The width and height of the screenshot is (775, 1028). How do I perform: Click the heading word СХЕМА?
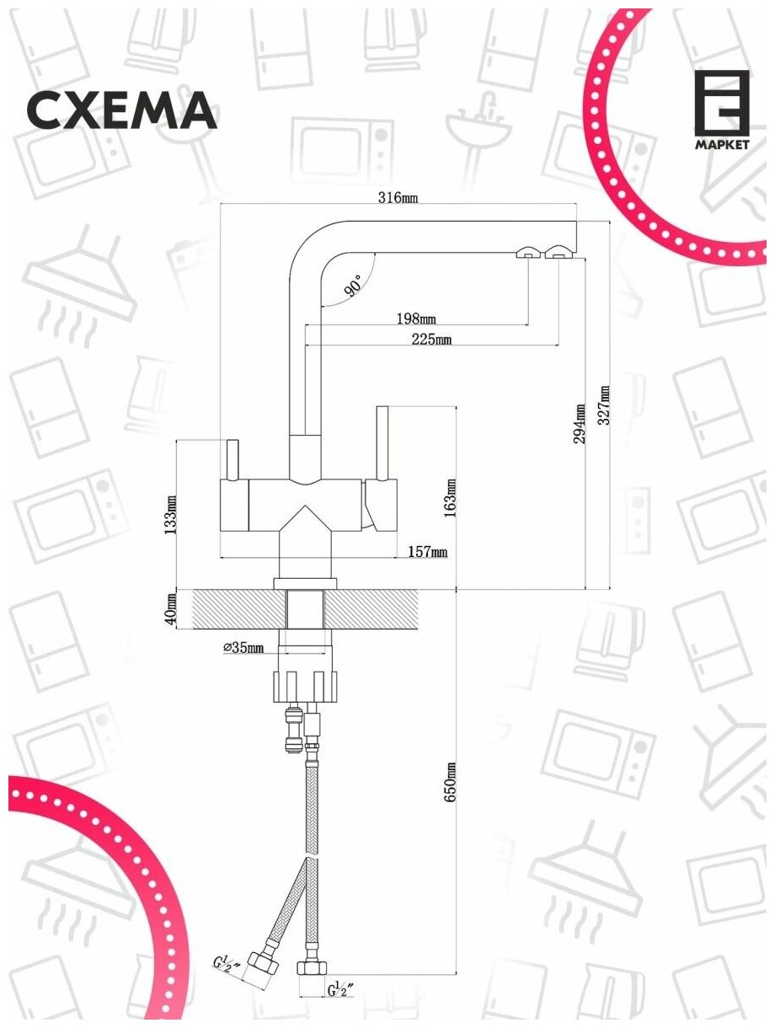pyautogui.click(x=123, y=110)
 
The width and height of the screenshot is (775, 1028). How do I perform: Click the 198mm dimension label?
pyautogui.click(x=416, y=319)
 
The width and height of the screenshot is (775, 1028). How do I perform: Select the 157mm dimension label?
pyautogui.click(x=427, y=552)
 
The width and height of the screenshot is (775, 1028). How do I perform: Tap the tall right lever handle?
pyautogui.click(x=381, y=442)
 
